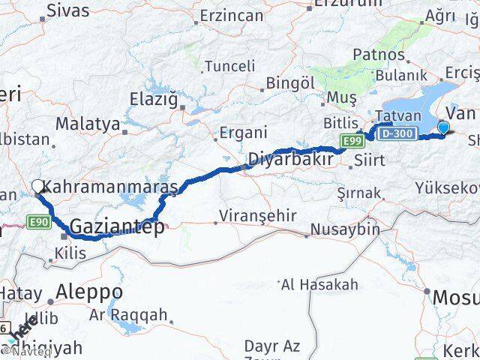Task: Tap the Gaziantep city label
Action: click(118, 227)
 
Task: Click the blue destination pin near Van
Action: click(443, 127)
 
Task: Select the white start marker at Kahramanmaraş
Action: click(37, 186)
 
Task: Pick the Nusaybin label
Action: click(346, 229)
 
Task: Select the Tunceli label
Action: click(214, 65)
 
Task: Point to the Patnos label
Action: click(379, 55)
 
